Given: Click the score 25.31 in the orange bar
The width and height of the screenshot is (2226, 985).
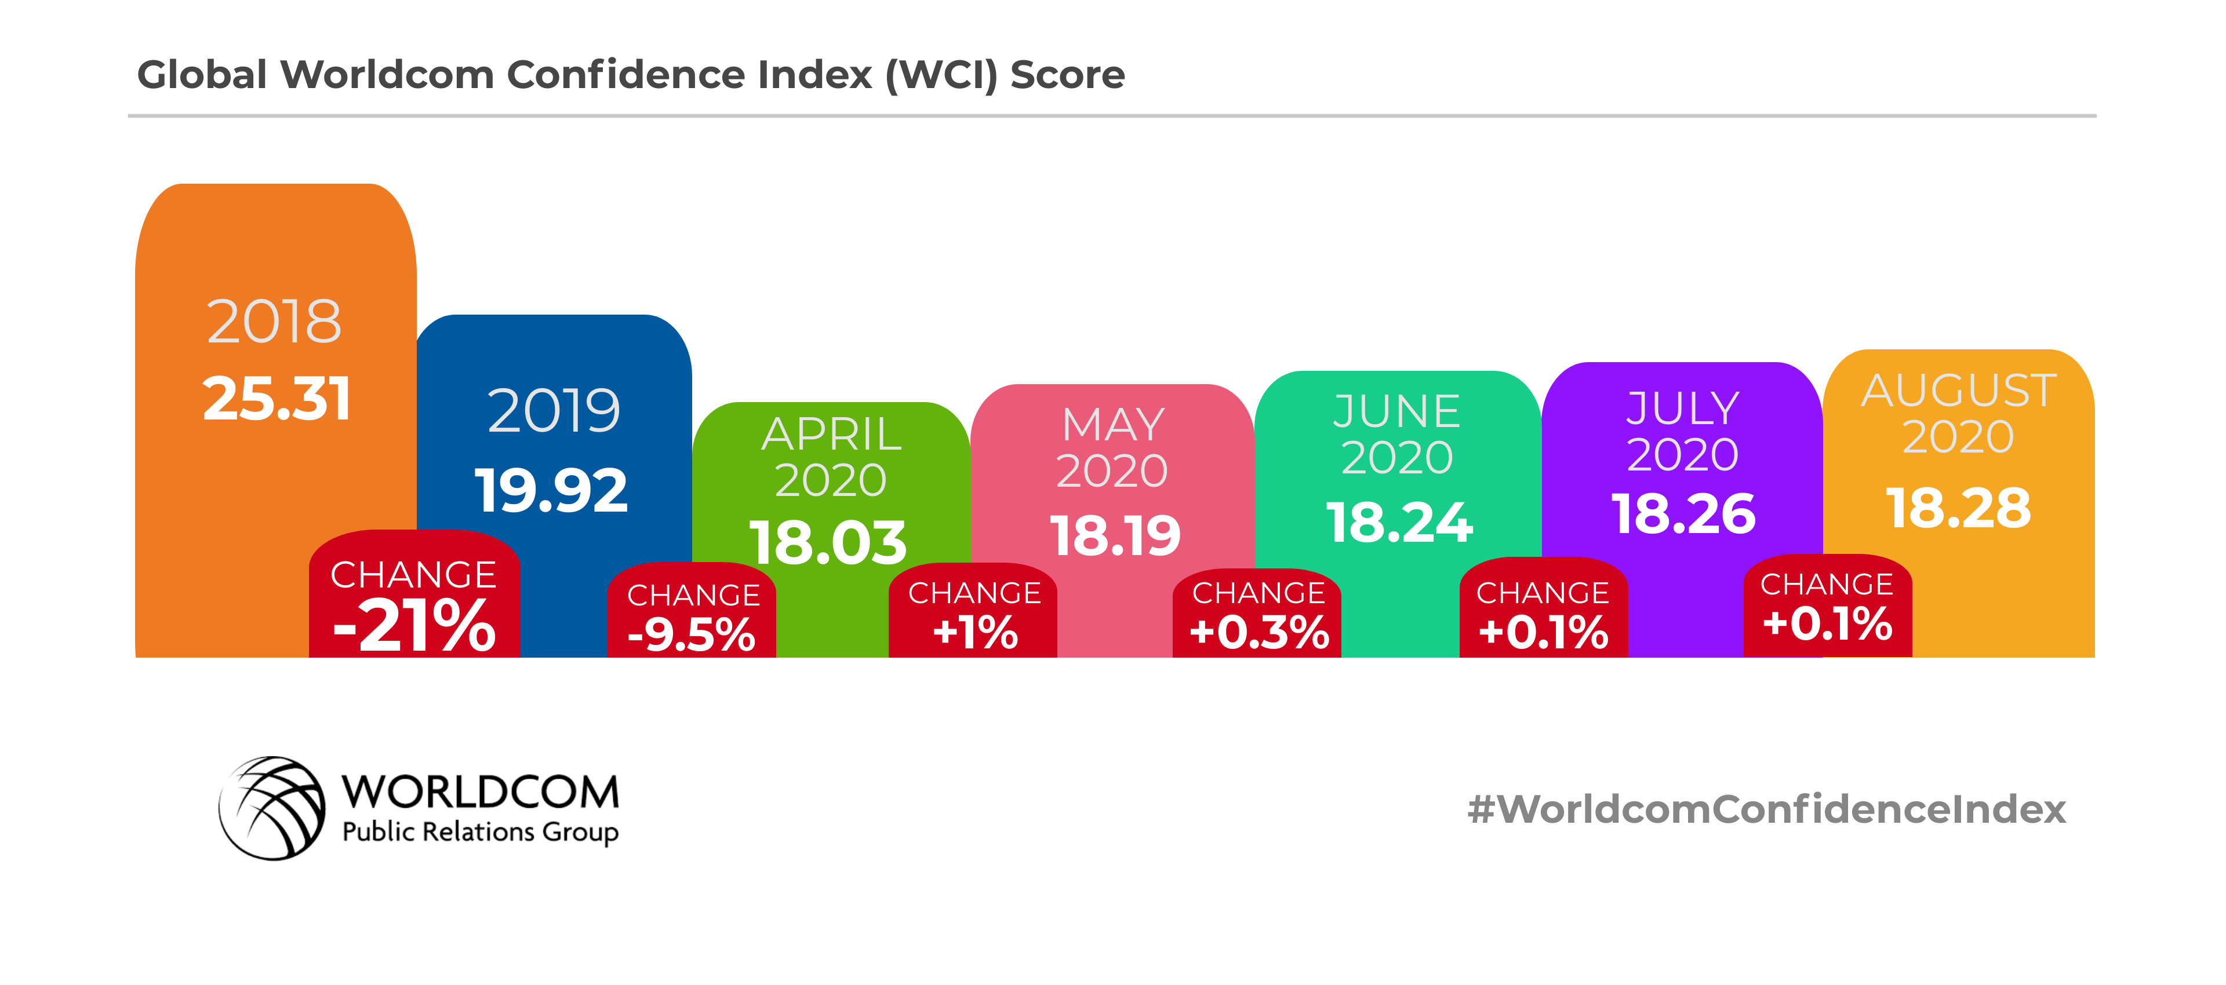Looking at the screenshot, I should pyautogui.click(x=277, y=399).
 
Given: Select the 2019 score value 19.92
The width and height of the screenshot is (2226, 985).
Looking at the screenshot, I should pyautogui.click(x=551, y=490).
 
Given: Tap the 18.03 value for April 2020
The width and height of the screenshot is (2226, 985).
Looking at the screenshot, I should pyautogui.click(x=828, y=542).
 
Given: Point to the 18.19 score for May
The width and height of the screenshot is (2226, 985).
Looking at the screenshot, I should pyautogui.click(x=1115, y=536).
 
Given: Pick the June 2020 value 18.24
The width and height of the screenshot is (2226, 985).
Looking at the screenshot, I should pyautogui.click(x=1399, y=523).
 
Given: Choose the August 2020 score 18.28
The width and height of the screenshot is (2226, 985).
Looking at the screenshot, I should pyautogui.click(x=1958, y=508).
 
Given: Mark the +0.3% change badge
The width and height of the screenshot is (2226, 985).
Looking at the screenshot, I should pyautogui.click(x=1258, y=616).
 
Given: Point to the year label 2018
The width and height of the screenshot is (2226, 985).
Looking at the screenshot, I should pyautogui.click(x=274, y=322).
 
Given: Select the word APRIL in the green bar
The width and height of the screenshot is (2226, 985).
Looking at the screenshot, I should pyautogui.click(x=831, y=434).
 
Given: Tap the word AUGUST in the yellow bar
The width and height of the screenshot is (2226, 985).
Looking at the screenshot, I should pyautogui.click(x=1958, y=391).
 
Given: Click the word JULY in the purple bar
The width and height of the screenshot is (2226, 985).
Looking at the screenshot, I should pyautogui.click(x=1682, y=408).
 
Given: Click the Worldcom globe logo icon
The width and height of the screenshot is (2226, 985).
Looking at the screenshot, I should pyautogui.click(x=272, y=808).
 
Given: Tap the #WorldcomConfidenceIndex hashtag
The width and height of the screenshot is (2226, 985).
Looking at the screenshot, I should pyautogui.click(x=1766, y=809).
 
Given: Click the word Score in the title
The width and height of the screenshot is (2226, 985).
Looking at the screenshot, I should pyautogui.click(x=1067, y=75).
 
